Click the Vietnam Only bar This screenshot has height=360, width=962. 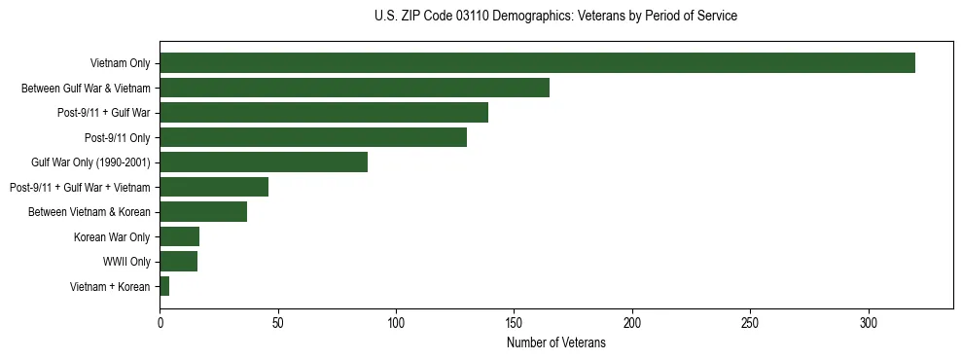click(537, 63)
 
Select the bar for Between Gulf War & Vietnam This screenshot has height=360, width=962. click(354, 88)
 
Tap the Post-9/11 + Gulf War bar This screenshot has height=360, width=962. click(324, 113)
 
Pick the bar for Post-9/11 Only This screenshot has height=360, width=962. click(313, 137)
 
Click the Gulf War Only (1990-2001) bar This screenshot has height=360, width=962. click(264, 162)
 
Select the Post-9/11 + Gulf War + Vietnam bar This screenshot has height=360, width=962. click(214, 187)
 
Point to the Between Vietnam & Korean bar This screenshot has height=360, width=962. click(203, 212)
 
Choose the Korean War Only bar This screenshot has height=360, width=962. click(180, 236)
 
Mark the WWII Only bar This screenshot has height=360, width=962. click(179, 261)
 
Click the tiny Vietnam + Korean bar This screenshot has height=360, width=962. click(164, 286)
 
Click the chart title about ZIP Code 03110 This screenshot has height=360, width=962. click(555, 16)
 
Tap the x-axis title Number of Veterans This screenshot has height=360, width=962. click(555, 342)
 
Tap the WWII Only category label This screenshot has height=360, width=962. click(126, 262)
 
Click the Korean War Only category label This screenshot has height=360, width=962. click(112, 236)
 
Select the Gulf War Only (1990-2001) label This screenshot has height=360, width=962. click(90, 162)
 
